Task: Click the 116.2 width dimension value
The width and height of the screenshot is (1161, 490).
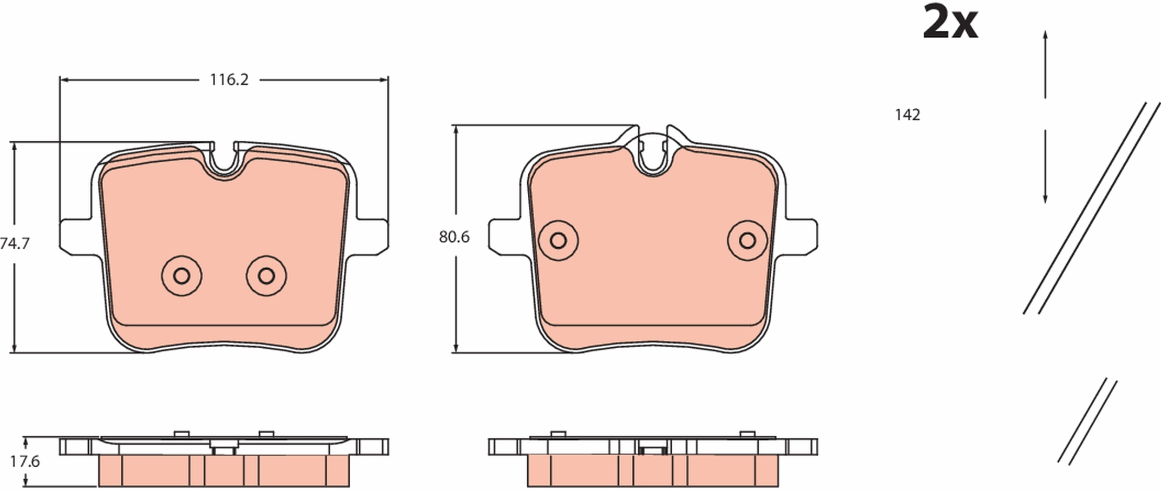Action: click(229, 80)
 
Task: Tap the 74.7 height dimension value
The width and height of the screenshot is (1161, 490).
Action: click(15, 243)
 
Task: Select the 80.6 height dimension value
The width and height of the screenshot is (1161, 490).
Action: click(454, 237)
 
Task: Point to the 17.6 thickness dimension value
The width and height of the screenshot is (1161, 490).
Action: click(25, 462)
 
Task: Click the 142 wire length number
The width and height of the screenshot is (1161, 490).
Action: click(907, 115)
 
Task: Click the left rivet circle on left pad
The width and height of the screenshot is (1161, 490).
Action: click(182, 276)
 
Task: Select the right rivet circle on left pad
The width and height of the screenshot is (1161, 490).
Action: click(266, 276)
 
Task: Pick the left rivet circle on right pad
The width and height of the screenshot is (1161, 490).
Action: click(558, 240)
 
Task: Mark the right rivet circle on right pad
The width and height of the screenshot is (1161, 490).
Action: click(748, 240)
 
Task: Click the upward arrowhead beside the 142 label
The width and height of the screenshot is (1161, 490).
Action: click(1045, 35)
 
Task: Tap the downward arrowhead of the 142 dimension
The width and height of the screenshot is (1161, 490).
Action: click(1045, 199)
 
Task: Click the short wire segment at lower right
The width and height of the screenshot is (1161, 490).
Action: click(1088, 422)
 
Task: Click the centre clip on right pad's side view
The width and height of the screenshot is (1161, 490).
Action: click(653, 450)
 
